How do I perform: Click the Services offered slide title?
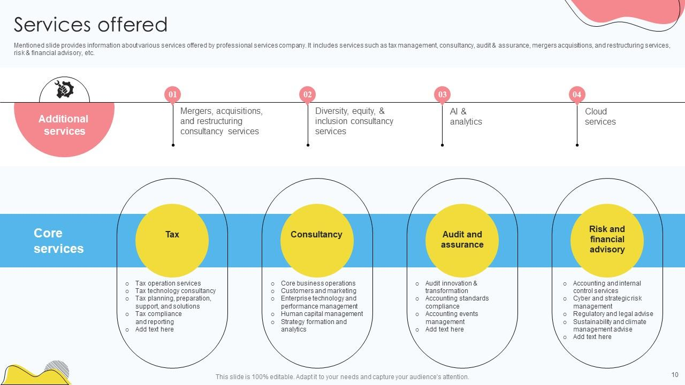[x=90, y=25]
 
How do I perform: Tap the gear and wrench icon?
[x=65, y=89]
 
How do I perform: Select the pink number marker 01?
[x=173, y=95]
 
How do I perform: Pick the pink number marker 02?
[x=308, y=95]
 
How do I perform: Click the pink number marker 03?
[x=442, y=95]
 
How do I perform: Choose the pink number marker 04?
[x=577, y=95]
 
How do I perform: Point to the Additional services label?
[x=64, y=125]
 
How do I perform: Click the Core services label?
[x=58, y=241]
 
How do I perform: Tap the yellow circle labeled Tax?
[x=172, y=241]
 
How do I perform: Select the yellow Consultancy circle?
[x=317, y=241]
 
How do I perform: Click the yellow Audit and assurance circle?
[x=462, y=241]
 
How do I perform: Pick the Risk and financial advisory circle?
[x=607, y=241]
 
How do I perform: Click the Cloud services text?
[x=600, y=117]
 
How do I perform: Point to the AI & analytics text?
[x=466, y=117]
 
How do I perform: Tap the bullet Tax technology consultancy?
[x=175, y=291]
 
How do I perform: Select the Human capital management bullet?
[x=322, y=314]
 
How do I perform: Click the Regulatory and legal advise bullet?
[x=613, y=314]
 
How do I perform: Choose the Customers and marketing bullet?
[x=318, y=291]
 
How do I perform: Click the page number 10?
[x=675, y=375]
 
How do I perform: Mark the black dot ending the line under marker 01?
[x=173, y=145]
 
